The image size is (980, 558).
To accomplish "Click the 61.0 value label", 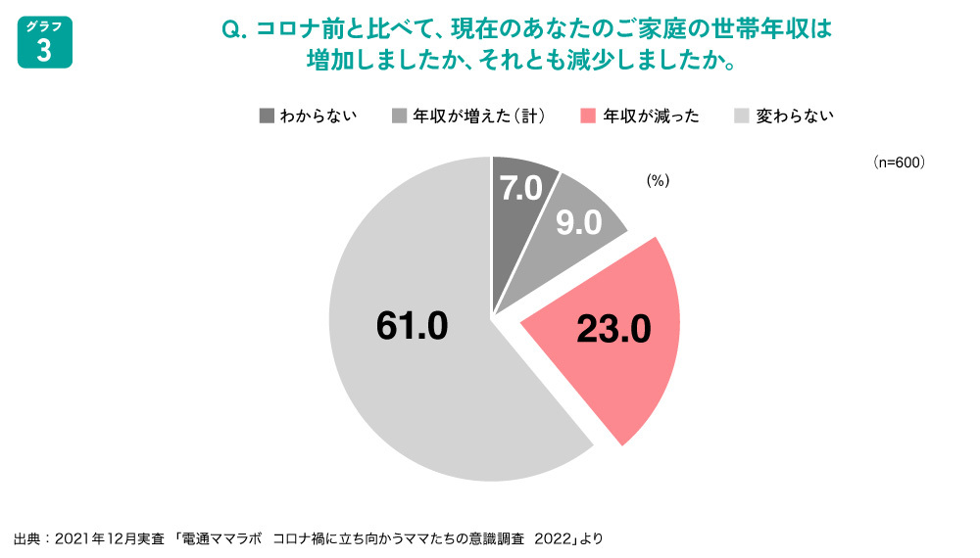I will tap(412, 326).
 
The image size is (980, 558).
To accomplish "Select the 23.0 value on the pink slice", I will tap(613, 330).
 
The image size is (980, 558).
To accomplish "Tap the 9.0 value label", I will tap(578, 224).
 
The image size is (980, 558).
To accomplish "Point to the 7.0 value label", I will tap(521, 188).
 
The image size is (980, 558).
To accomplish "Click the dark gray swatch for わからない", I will tap(267, 116).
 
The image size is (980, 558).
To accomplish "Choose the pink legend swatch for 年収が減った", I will tap(588, 116).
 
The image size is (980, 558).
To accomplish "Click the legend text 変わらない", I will tap(795, 116).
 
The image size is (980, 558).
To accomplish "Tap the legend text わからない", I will tap(318, 116).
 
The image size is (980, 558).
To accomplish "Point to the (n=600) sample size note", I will tap(899, 163).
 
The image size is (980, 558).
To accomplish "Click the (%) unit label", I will tap(657, 180).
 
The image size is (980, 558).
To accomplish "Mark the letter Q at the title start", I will tap(232, 29).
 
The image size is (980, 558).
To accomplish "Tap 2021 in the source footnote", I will tap(73, 537).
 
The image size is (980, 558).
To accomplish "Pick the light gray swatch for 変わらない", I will tap(742, 116).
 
